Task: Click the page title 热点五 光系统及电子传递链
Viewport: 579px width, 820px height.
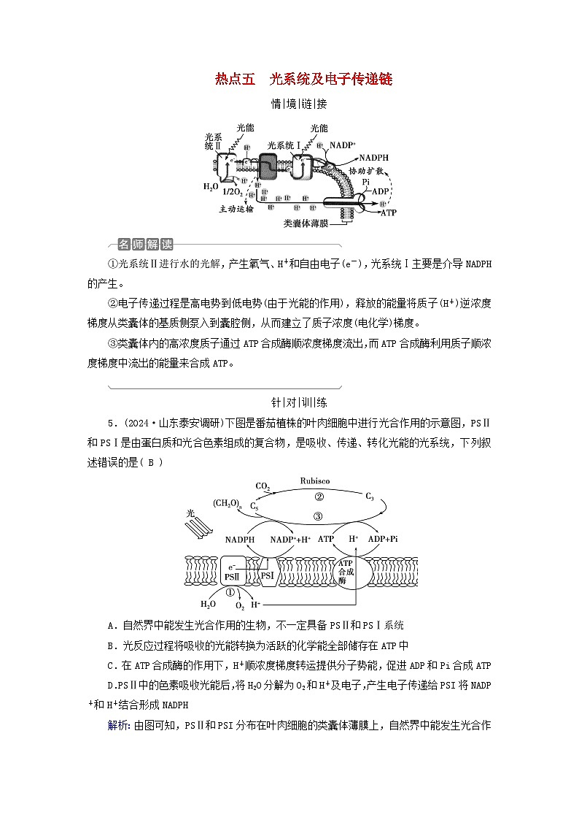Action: [x=303, y=80]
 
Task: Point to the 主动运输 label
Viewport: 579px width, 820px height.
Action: [x=236, y=208]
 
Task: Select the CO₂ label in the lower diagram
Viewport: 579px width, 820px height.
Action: [x=263, y=486]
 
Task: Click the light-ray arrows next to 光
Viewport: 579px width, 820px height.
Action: [x=198, y=528]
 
